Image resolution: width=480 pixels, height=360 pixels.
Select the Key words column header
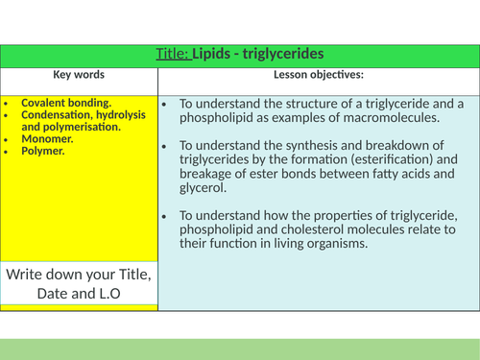click(79, 75)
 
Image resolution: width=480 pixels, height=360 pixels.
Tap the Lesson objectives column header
click(319, 75)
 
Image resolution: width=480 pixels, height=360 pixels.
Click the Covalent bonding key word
click(66, 102)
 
